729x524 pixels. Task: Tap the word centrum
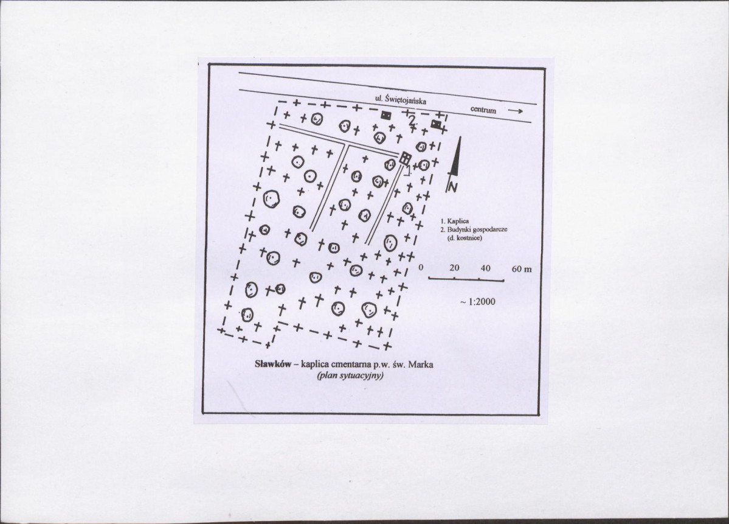(x=483, y=110)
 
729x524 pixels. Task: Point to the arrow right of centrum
(x=515, y=111)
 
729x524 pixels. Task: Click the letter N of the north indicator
(x=453, y=186)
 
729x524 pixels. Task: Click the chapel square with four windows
(x=406, y=158)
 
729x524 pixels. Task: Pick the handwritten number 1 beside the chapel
(x=407, y=171)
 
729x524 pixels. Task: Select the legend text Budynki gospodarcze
(x=474, y=230)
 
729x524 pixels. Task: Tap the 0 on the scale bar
(x=421, y=268)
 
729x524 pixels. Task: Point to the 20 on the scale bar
(x=454, y=268)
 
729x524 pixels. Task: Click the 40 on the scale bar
(x=485, y=268)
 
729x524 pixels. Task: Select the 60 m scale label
(x=522, y=269)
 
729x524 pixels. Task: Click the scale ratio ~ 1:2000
(x=477, y=301)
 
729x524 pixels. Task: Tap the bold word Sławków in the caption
(x=272, y=363)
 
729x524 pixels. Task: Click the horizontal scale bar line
(x=466, y=280)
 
